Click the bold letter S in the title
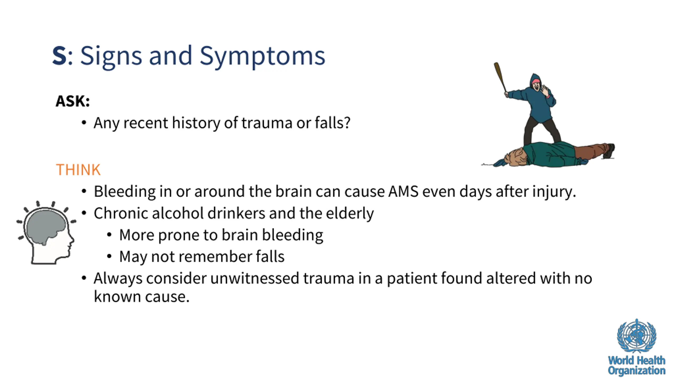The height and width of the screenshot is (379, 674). (x=60, y=56)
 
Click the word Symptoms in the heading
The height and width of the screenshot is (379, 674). (x=262, y=56)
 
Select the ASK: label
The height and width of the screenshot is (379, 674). (x=73, y=101)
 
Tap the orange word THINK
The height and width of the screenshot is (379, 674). (x=78, y=170)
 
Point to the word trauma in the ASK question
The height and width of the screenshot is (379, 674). (x=267, y=123)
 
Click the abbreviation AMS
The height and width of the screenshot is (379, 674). (x=403, y=191)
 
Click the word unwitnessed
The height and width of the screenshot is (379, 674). (x=255, y=278)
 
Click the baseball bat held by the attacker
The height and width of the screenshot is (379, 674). (x=500, y=77)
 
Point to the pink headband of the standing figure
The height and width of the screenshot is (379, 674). (x=536, y=81)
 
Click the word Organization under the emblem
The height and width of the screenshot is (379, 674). (x=637, y=371)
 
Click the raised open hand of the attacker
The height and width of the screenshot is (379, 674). (x=545, y=91)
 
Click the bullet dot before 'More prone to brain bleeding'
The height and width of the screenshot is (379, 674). (x=109, y=235)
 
